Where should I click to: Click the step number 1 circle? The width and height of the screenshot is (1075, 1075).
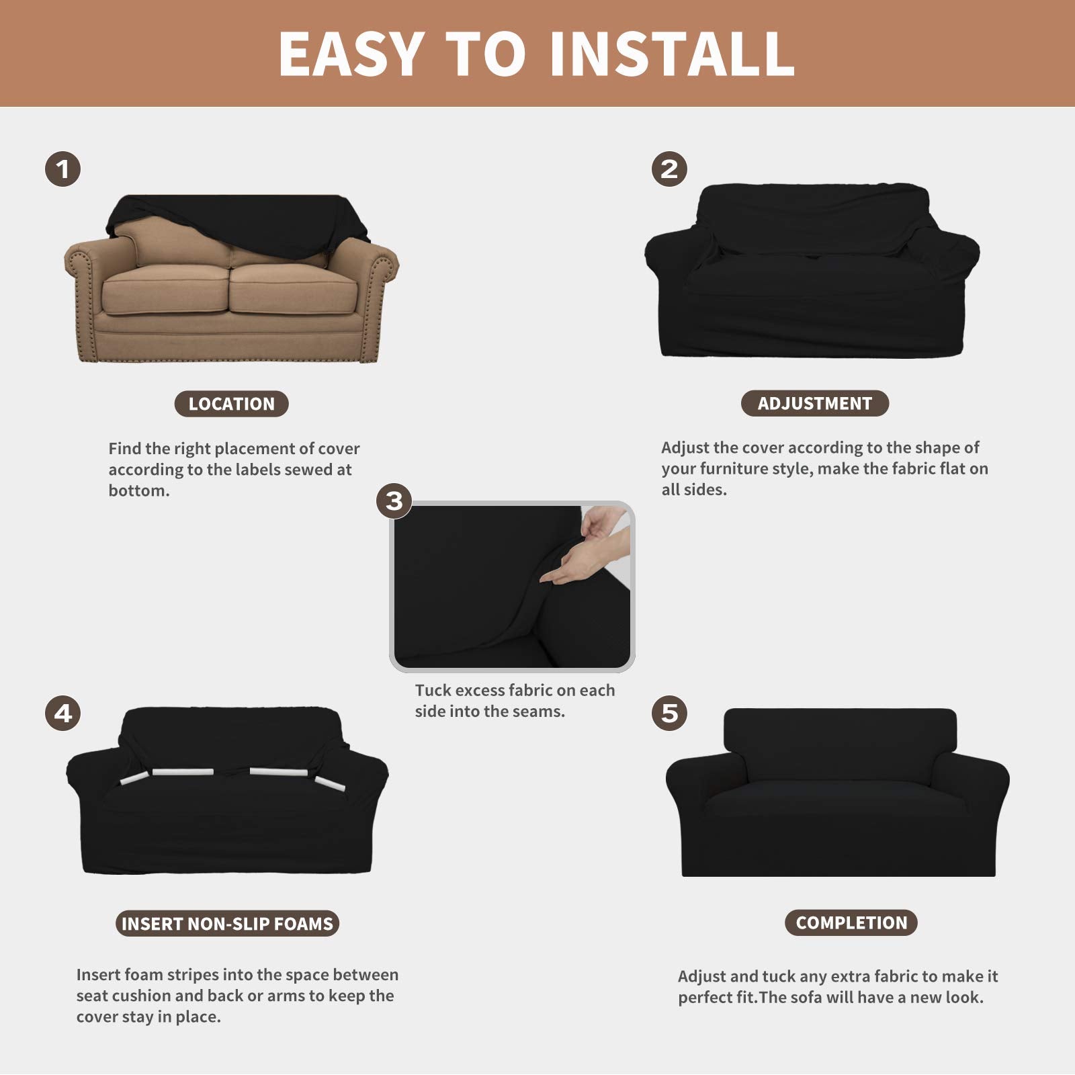pos(63,169)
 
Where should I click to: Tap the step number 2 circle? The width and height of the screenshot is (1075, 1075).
pos(669,169)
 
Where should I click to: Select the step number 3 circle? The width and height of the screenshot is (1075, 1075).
pos(394,501)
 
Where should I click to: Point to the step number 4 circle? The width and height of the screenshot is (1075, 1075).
pos(63,713)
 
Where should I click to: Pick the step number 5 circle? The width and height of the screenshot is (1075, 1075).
pos(669,713)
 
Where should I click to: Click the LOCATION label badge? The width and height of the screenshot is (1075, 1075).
pos(231,404)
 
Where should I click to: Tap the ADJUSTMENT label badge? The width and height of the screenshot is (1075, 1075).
pos(814,403)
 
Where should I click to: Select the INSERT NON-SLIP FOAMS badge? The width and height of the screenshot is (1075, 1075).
pos(227,923)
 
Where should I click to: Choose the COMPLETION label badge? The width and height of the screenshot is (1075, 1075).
pos(851,922)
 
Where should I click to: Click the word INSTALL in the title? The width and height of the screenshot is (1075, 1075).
pos(672,54)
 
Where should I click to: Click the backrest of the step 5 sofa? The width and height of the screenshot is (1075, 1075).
pos(840,739)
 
